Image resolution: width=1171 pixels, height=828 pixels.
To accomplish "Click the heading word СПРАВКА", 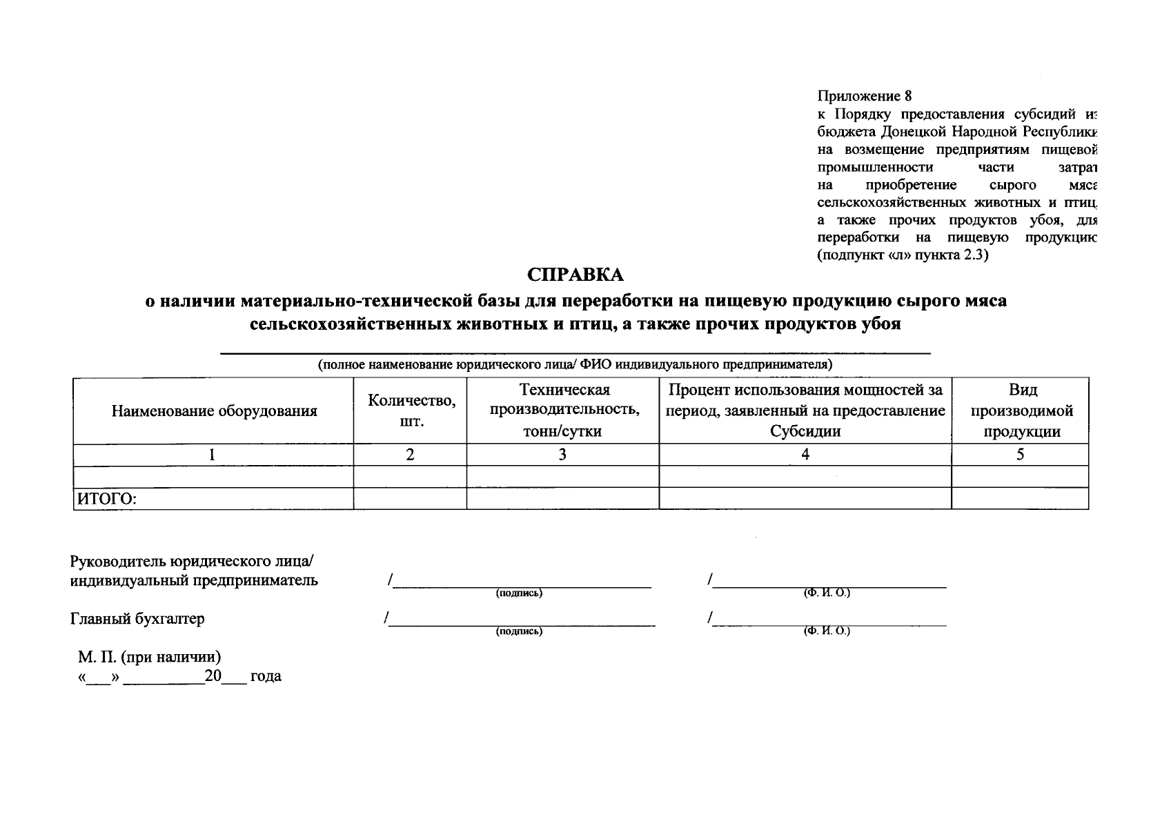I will pyautogui.click(x=575, y=275).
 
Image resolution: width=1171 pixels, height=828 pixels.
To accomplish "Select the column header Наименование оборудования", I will pyautogui.click(x=214, y=411).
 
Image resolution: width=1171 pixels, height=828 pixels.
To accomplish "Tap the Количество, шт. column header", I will pyautogui.click(x=411, y=411).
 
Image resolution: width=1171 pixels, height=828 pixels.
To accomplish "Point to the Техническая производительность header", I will pyautogui.click(x=563, y=411).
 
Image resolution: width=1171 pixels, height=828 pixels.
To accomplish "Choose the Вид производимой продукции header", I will pyautogui.click(x=1021, y=411).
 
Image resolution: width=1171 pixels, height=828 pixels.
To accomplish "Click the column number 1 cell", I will pyautogui.click(x=213, y=455).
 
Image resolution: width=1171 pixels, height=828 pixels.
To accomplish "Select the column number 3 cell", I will pyautogui.click(x=562, y=455).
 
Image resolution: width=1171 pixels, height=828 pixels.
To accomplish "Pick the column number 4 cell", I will pyautogui.click(x=805, y=455).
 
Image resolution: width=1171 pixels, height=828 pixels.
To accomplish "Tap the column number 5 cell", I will pyautogui.click(x=1020, y=455).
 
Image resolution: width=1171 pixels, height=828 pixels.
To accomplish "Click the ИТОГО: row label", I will pyautogui.click(x=106, y=500).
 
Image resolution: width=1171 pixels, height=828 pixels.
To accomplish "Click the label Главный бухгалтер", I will pyautogui.click(x=138, y=619).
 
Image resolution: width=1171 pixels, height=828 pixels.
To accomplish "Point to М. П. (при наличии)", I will pyautogui.click(x=149, y=657).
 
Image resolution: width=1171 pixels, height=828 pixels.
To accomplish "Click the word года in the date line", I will pyautogui.click(x=266, y=677).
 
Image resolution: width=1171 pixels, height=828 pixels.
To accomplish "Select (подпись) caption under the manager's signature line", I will pyautogui.click(x=519, y=593).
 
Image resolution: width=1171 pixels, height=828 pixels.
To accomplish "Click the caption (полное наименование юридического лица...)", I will pyautogui.click(x=574, y=364).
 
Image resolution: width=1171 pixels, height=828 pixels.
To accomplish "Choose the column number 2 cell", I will pyautogui.click(x=410, y=455).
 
